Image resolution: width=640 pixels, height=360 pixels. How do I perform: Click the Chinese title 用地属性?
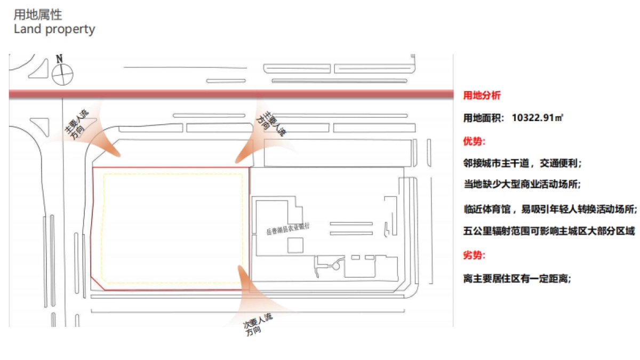(x=37, y=15)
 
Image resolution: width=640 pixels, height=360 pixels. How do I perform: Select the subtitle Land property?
(x=54, y=29)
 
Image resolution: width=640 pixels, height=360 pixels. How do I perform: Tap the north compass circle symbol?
(x=63, y=74)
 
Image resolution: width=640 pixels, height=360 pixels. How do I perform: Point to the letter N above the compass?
(x=60, y=58)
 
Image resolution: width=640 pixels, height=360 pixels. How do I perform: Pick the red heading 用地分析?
(x=482, y=96)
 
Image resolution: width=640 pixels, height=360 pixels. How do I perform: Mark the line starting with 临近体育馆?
(x=550, y=209)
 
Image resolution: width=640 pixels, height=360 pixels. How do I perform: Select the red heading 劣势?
(x=474, y=255)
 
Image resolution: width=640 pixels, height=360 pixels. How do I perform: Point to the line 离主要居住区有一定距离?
(x=517, y=278)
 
